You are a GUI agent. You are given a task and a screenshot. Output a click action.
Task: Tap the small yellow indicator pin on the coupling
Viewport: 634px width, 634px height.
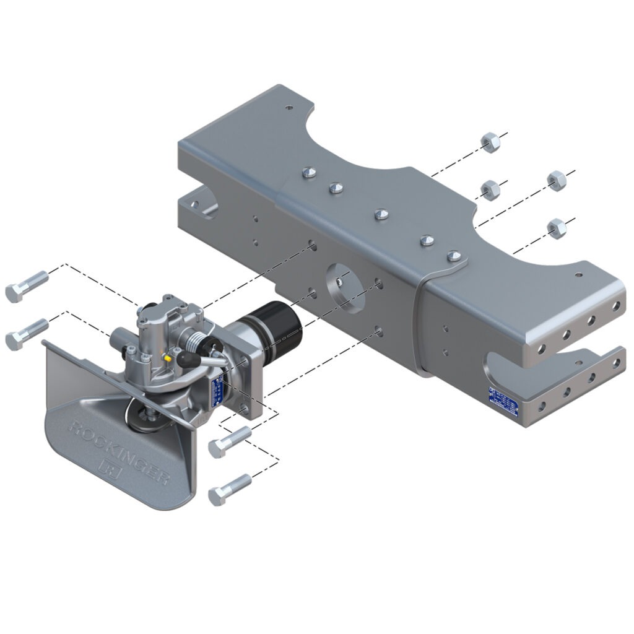[168, 358]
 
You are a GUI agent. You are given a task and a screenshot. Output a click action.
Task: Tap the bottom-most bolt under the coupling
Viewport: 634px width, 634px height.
[230, 489]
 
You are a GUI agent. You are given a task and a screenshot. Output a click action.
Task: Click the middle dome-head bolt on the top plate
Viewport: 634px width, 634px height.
[382, 214]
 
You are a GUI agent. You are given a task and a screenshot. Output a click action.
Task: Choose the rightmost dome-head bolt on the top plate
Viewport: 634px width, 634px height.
[454, 255]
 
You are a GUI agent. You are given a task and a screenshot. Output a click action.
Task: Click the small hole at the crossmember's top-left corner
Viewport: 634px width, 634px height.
[289, 108]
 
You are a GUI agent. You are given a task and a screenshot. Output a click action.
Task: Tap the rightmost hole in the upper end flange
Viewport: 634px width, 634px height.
[616, 305]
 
